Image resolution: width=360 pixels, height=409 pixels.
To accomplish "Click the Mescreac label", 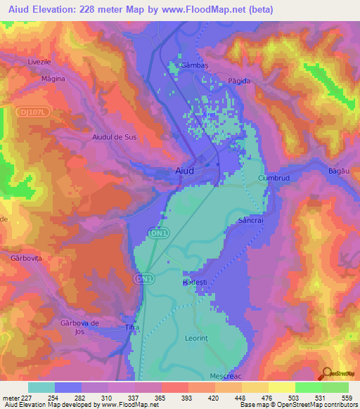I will click(226, 376).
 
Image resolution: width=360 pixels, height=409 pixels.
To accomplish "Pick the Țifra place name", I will click(133, 328).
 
